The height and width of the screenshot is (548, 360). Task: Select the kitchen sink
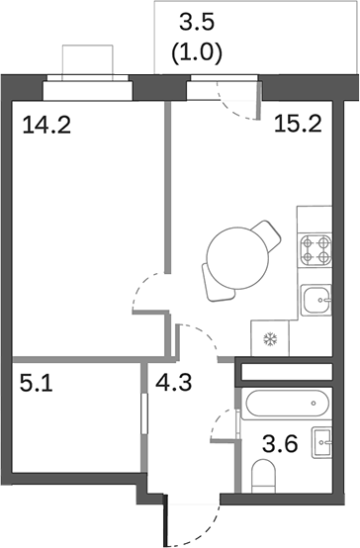pos(316,298)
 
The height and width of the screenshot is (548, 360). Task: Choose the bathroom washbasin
pos(320,439)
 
